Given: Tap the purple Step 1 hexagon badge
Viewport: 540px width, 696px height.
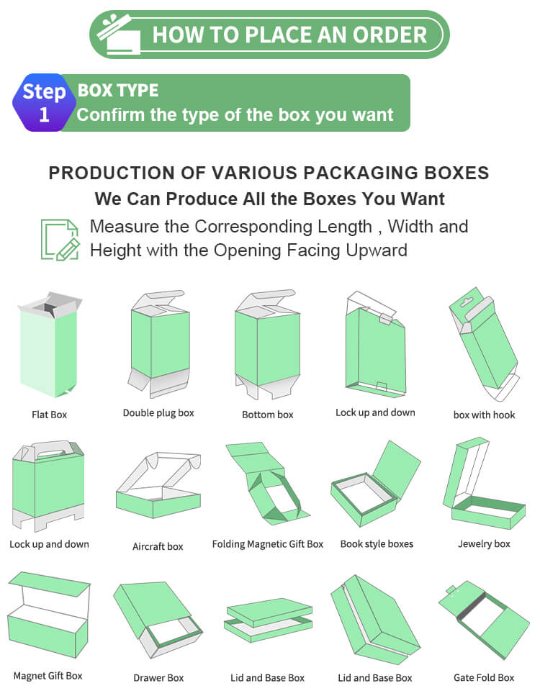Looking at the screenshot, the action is tap(44, 102).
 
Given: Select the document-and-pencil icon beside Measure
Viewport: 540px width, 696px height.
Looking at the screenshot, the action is tap(60, 239).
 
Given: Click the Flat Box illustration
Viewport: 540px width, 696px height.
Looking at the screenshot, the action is tap(49, 345).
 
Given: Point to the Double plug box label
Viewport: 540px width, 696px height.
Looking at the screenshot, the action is tap(158, 413).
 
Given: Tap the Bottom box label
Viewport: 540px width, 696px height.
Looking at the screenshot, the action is tap(268, 415).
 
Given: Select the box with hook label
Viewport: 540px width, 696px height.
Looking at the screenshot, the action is tap(484, 415).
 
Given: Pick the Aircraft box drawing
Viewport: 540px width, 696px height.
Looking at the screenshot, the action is tap(158, 485).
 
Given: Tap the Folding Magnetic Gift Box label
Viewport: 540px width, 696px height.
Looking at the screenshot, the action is tap(268, 544).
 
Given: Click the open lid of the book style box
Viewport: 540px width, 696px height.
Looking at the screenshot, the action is tap(397, 469).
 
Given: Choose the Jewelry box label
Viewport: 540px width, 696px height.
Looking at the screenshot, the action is tap(484, 543).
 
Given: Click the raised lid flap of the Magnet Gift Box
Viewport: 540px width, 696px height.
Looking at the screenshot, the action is tap(49, 584).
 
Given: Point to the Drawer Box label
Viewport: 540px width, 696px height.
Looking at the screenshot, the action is tap(158, 678).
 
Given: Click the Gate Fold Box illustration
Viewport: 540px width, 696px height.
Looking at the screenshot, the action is tap(484, 620).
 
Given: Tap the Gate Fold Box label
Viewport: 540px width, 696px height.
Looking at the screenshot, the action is tap(484, 678).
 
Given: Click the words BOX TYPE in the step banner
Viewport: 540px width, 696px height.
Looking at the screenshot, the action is tap(118, 91).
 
